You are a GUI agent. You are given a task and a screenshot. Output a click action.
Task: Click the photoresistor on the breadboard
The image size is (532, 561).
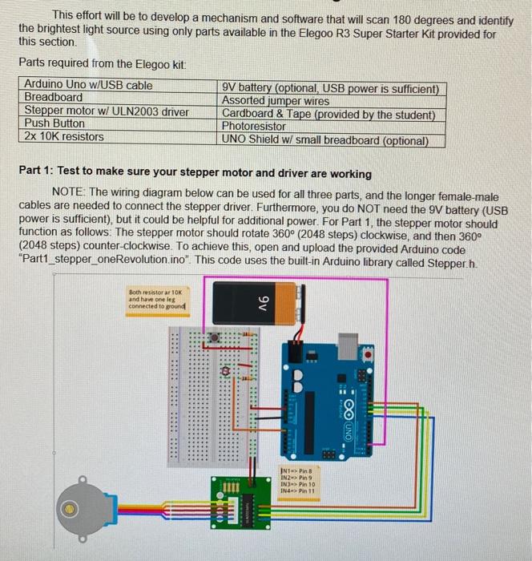coord(227,370)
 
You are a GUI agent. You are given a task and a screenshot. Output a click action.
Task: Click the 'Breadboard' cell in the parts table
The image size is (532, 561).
coord(54,98)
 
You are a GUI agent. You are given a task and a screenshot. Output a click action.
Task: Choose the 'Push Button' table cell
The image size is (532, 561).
coord(54,123)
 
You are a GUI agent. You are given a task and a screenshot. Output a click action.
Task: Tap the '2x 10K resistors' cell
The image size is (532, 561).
coord(64,136)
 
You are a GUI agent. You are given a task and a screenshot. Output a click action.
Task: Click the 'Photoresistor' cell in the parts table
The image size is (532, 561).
coord(253,127)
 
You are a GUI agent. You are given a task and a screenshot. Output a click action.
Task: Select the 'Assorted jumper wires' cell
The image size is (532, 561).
coord(275,101)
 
